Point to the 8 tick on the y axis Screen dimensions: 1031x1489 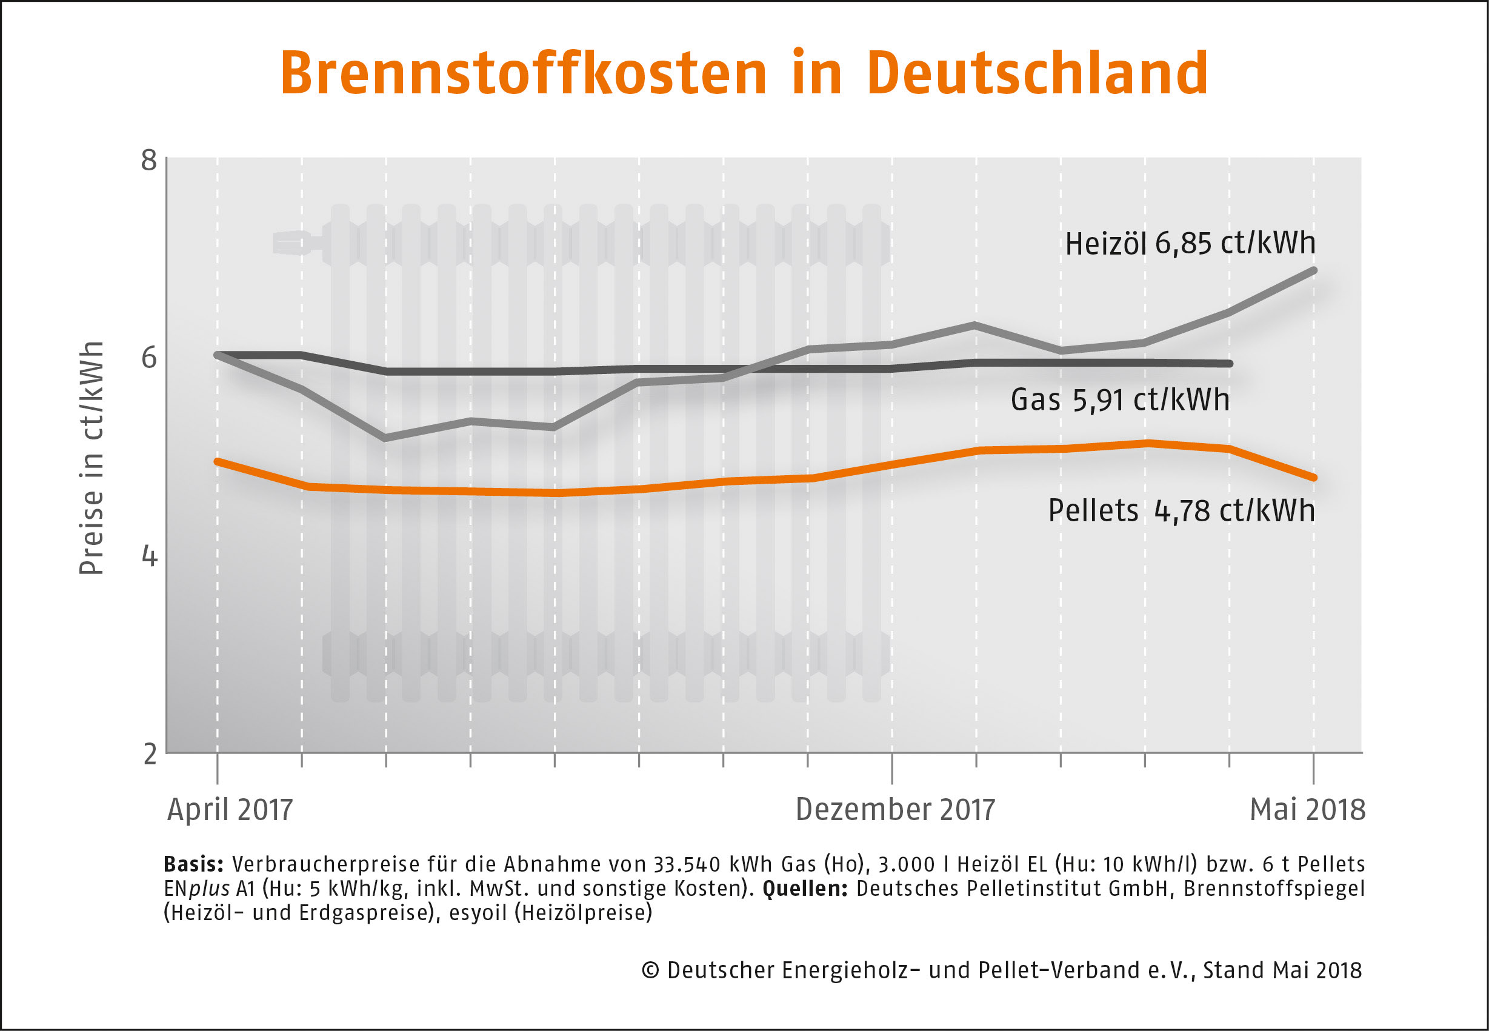149,159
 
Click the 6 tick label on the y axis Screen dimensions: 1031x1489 149,357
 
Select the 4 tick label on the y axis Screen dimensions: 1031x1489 149,556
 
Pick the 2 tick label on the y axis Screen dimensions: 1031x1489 150,753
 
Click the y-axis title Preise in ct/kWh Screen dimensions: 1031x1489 91,458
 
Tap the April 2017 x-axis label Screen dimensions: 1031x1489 230,809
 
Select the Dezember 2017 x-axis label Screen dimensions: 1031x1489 895,809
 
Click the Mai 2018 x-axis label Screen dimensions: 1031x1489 1308,809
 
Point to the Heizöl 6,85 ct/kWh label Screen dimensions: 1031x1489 1190,244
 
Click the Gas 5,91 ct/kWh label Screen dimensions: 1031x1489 1120,400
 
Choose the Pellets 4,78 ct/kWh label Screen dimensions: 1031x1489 1181,510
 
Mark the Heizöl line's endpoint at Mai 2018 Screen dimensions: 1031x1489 1313,270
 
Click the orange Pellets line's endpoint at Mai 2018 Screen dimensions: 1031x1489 1313,478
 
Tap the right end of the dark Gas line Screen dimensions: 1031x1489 1230,364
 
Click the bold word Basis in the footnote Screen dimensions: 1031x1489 193,864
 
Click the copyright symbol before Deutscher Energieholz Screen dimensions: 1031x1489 650,970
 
